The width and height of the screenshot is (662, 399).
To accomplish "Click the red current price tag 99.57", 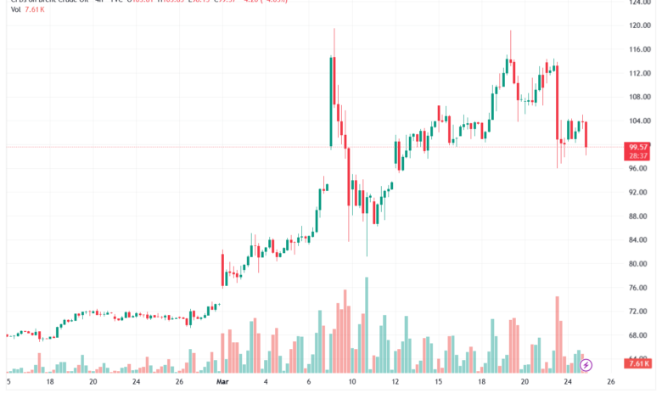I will click(x=638, y=147).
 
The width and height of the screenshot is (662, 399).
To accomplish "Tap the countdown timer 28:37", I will click(x=638, y=156).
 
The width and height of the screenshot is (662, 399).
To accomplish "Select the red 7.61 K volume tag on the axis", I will click(x=638, y=364).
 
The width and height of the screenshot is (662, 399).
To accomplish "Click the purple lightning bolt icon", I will click(x=586, y=365).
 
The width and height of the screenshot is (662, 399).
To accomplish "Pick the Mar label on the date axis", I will click(x=222, y=383).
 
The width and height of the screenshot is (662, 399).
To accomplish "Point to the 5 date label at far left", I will click(x=8, y=383).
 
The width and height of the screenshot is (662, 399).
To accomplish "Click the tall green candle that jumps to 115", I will click(x=330, y=102).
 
